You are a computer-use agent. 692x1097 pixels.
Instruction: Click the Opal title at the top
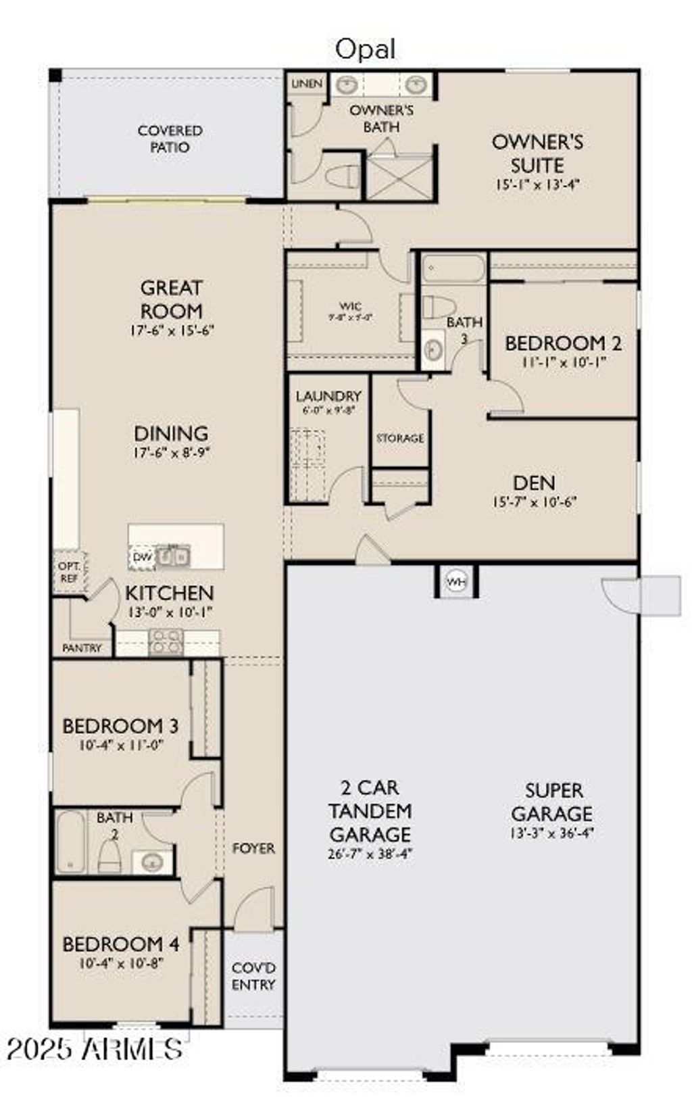tap(366, 49)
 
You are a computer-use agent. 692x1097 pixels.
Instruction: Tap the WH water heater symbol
tap(457, 581)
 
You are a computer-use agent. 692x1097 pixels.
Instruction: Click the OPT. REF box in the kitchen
tap(69, 572)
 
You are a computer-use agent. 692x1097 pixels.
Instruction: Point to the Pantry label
tap(82, 648)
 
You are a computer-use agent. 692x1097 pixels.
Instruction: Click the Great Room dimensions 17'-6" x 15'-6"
tap(172, 331)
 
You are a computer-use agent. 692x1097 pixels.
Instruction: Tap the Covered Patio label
tap(170, 139)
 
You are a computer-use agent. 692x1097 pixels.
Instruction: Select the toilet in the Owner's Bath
tap(342, 177)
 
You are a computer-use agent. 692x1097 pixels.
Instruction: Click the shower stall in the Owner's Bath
tap(399, 177)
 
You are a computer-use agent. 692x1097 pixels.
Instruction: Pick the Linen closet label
tap(306, 84)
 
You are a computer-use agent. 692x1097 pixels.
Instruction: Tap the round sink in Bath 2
tap(152, 862)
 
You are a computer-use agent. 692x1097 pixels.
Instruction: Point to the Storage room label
tap(400, 438)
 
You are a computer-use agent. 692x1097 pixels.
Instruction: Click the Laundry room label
tap(328, 396)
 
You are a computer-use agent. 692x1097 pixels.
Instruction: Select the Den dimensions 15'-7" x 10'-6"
tap(535, 502)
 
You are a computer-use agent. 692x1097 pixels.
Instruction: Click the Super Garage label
tap(552, 802)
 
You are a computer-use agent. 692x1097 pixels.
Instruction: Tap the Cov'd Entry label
tap(253, 977)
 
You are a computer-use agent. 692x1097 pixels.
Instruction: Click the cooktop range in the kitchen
tap(166, 642)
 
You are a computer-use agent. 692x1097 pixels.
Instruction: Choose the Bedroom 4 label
tap(121, 944)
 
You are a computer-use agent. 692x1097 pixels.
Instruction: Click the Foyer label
tap(253, 848)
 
